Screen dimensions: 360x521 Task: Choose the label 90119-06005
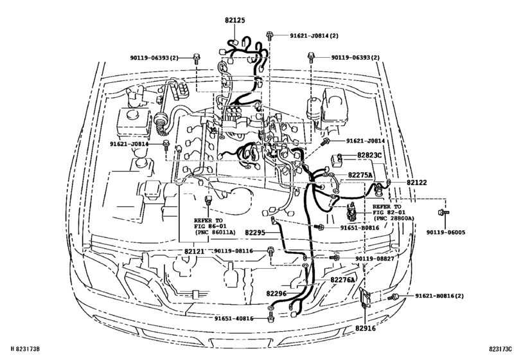coord(444,234)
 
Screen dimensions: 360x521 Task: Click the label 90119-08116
coord(234,251)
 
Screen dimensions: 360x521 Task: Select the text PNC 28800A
coord(393,219)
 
